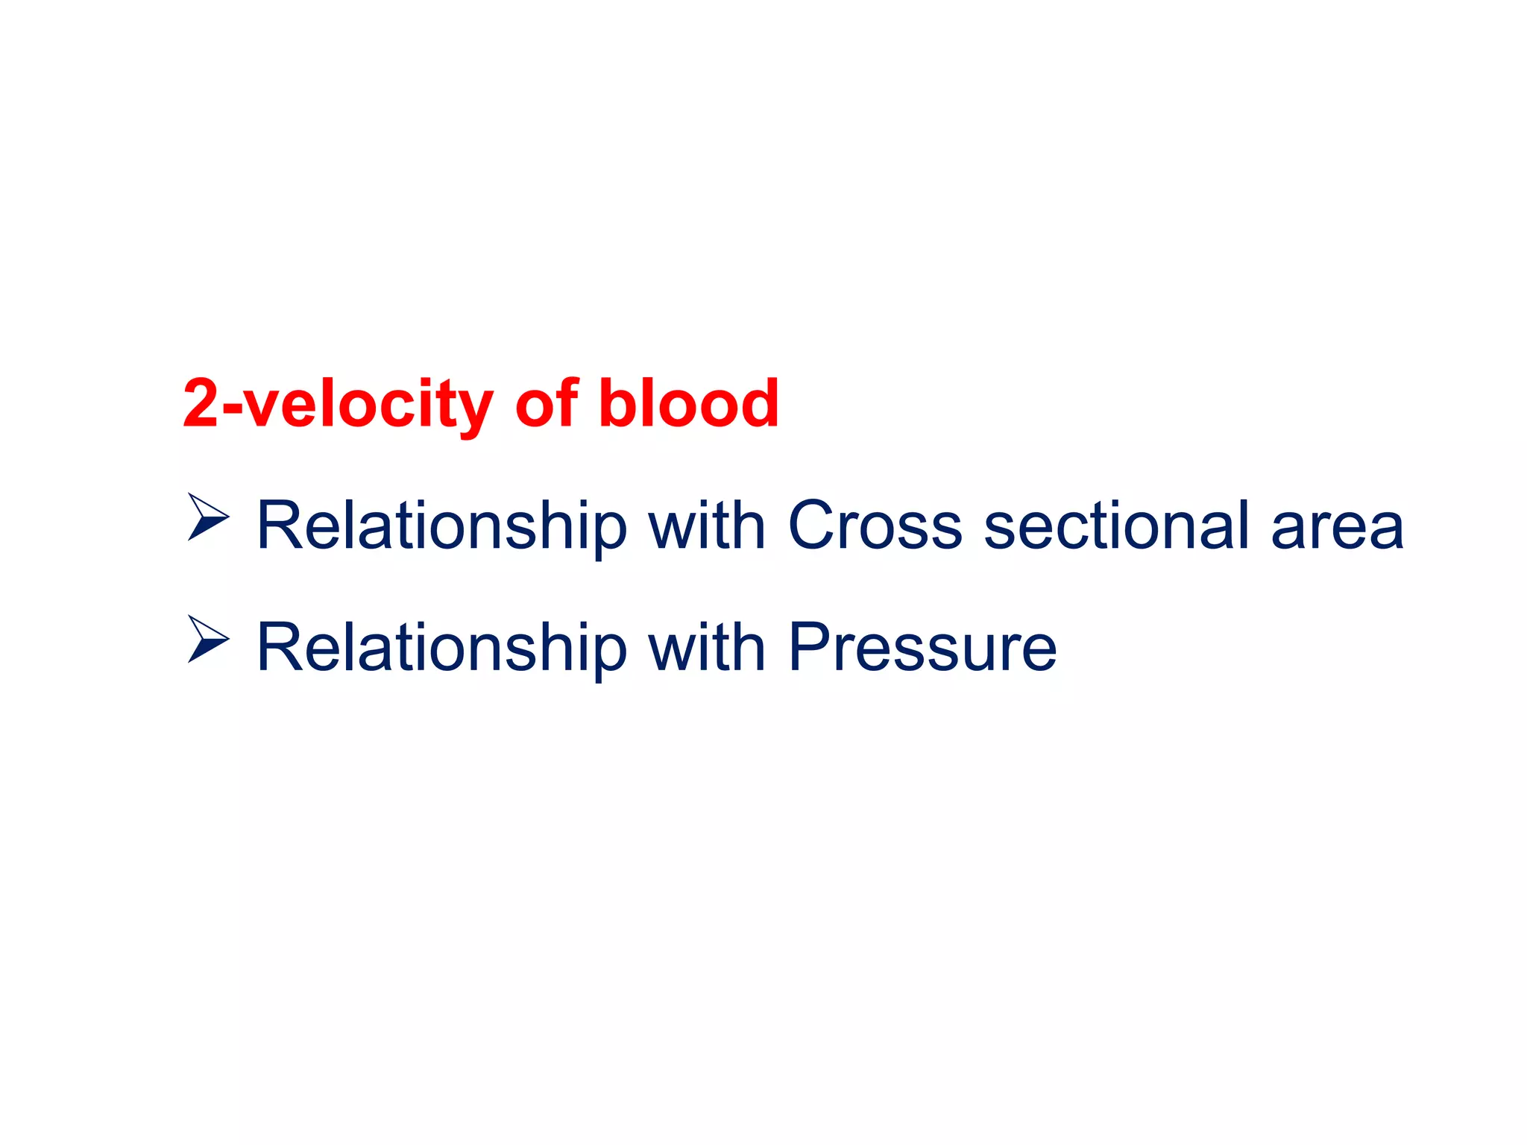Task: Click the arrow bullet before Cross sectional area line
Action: tap(208, 517)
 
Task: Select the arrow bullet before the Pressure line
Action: tap(208, 639)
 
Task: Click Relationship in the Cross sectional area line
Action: tap(441, 526)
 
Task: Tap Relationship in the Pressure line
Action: tap(441, 648)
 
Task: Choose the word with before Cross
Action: tap(707, 526)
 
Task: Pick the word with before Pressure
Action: tap(707, 648)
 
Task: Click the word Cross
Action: tap(875, 526)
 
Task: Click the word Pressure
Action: tap(922, 648)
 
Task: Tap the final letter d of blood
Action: tap(758, 403)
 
